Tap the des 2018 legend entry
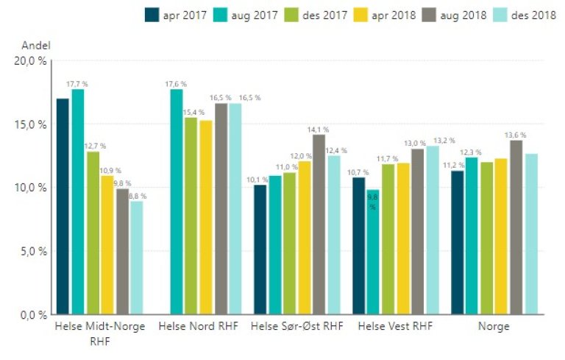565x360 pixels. click(530, 15)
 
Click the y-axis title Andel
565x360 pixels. click(35, 45)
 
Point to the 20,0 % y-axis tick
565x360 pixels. click(31, 61)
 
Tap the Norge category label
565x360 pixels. click(494, 325)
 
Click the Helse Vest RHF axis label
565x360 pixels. click(395, 325)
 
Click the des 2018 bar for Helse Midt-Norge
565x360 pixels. click(136, 257)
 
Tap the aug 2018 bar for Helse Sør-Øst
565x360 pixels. click(319, 224)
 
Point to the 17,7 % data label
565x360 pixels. click(77, 83)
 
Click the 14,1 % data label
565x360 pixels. click(319, 129)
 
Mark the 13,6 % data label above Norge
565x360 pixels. click(516, 134)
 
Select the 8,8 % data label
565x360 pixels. click(136, 196)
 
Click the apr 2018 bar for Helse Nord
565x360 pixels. click(206, 216)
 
